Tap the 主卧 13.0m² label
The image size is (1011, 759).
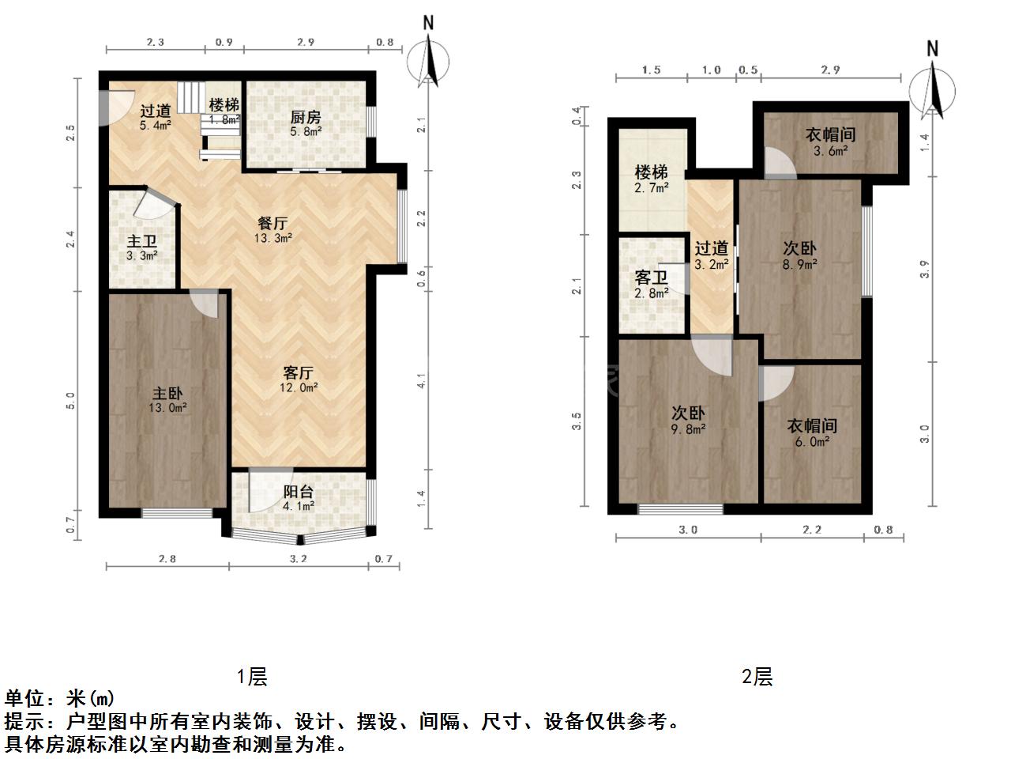click(x=167, y=400)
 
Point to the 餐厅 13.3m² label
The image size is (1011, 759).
click(x=272, y=230)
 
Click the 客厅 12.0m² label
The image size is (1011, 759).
click(x=298, y=379)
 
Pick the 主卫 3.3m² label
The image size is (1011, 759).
click(x=141, y=248)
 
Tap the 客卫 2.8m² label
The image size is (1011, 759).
click(x=652, y=285)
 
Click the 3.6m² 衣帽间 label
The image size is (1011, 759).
click(x=830, y=142)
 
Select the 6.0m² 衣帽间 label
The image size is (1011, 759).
click(x=812, y=432)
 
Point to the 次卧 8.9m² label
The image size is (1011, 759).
click(x=799, y=255)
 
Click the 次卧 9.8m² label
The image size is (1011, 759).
click(x=688, y=421)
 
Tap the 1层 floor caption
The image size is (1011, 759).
click(x=251, y=677)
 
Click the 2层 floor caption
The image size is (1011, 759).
click(x=757, y=677)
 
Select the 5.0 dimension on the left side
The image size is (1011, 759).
click(x=70, y=401)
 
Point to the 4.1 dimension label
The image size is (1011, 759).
click(x=422, y=380)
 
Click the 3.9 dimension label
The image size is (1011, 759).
click(x=924, y=269)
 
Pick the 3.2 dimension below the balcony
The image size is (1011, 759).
click(x=298, y=559)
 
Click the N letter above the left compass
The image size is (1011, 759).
click(x=428, y=23)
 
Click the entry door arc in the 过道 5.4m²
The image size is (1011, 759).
click(x=118, y=108)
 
